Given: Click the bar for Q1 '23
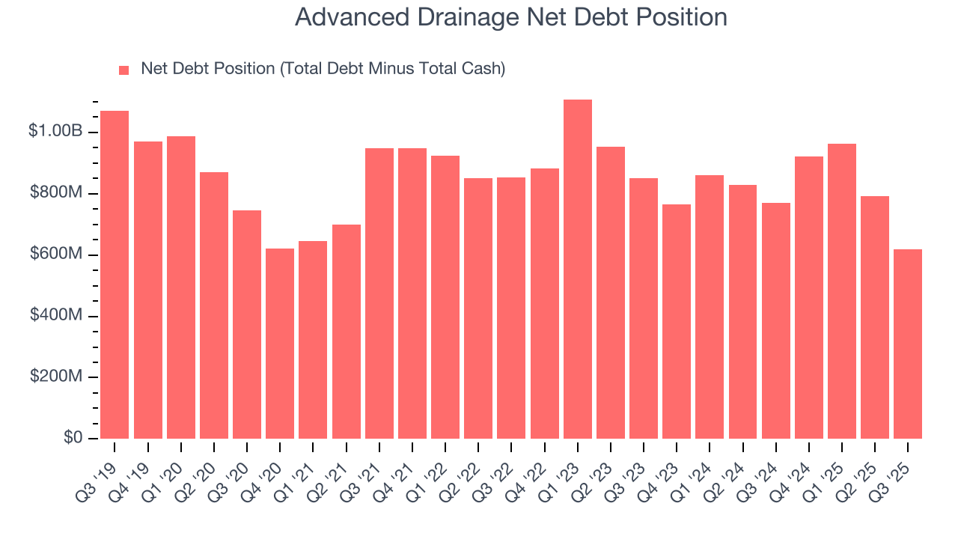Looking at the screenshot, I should point(578,269).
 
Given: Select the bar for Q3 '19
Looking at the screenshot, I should point(115,275).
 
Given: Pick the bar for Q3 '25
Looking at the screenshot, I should point(908,344).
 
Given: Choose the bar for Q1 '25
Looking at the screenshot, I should point(842,291).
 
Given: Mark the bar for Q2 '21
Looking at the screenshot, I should point(347,332).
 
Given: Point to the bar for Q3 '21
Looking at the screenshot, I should point(379,293).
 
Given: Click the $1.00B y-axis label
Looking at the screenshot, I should point(55,131).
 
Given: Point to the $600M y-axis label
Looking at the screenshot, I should point(56,255).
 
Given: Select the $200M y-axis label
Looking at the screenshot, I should point(56,377).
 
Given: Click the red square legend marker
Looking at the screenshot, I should point(124,70).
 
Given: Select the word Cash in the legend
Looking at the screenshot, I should point(483,69).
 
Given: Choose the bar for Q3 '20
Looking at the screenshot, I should point(247,324).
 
